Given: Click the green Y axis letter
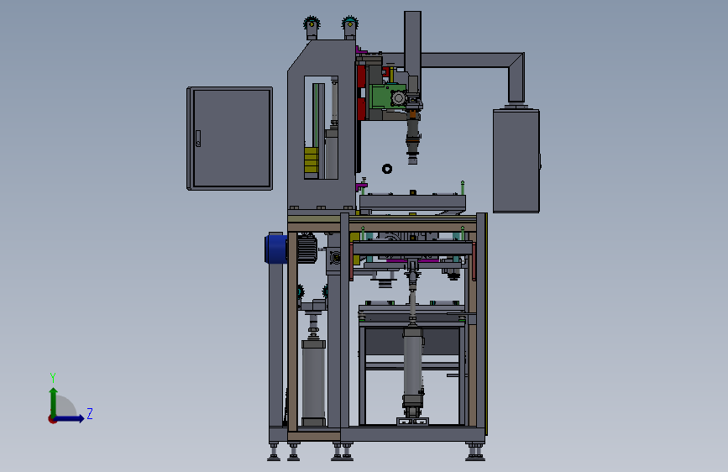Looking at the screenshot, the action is tap(53, 377).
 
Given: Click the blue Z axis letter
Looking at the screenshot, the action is tap(90, 413).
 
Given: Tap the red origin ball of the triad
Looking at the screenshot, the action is tap(52, 419).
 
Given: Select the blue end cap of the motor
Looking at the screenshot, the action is tap(275, 249).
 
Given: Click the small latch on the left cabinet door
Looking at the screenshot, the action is tap(198, 139).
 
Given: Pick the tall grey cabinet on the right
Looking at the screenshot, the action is tap(516, 160).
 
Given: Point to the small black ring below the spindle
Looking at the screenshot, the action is tap(387, 169).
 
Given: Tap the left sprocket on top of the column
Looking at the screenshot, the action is tap(312, 23).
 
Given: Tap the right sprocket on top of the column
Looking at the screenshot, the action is tap(349, 23).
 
